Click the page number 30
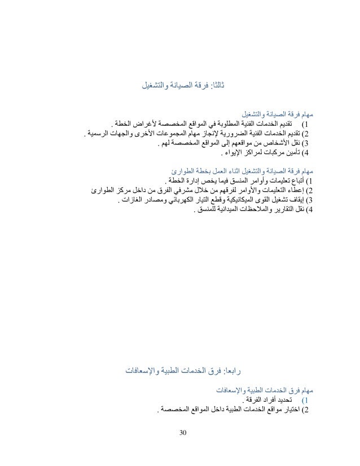pos(181,433)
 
